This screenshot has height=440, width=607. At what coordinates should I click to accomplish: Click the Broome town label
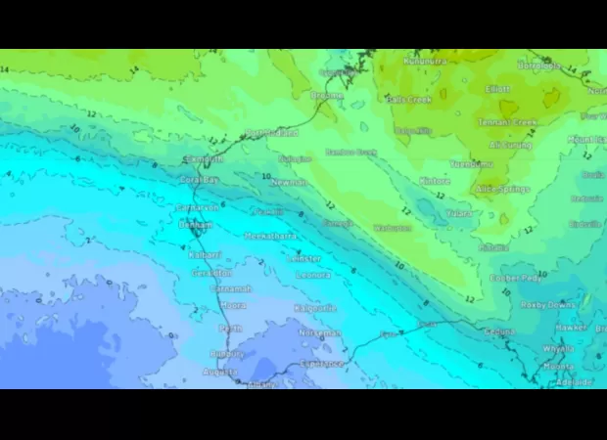(x=326, y=96)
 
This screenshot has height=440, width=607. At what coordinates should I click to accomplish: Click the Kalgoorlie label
(x=315, y=308)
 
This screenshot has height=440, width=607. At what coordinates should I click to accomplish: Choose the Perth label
(x=231, y=329)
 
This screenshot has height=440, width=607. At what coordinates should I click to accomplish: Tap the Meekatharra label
(x=269, y=237)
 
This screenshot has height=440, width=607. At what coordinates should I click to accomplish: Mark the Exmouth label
(x=204, y=159)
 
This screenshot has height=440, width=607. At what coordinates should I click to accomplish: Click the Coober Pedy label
(x=516, y=279)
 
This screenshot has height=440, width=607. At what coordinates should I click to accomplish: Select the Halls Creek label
(x=408, y=100)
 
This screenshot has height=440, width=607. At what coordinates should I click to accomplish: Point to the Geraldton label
(x=210, y=273)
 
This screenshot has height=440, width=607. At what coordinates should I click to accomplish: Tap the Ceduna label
(x=499, y=332)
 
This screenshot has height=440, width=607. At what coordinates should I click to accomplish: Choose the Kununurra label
(x=425, y=62)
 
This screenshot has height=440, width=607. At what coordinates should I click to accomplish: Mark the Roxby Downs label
(x=548, y=305)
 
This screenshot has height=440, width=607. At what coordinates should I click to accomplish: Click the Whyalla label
(x=558, y=348)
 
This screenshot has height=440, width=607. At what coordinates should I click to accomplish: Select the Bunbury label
(x=226, y=353)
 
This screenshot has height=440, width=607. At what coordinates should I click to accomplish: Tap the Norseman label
(x=320, y=333)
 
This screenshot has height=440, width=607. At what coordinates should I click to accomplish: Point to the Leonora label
(x=312, y=275)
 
